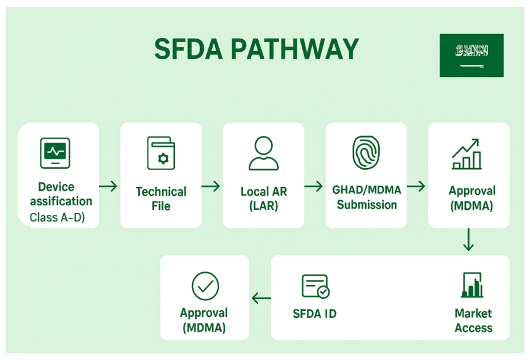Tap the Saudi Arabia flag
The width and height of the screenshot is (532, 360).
coord(471,56)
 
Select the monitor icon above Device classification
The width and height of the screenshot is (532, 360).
coord(55,153)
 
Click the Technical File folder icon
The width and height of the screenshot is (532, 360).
coord(161,153)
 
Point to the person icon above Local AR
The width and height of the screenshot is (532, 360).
coord(263,153)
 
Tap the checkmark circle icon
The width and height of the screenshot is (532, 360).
coord(205,286)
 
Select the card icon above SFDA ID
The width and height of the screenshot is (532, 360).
coord(315,286)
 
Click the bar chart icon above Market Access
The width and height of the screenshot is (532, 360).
coord(473,285)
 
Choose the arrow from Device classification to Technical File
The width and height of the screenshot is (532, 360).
coord(109,186)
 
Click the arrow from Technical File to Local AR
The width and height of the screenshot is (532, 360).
coord(211,186)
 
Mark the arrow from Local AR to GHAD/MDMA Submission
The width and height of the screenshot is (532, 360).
coord(314,186)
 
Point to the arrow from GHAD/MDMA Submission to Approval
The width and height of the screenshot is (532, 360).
coord(416,186)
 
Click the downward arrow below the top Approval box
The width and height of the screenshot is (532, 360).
coord(468,241)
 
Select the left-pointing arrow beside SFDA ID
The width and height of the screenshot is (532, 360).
coord(261,299)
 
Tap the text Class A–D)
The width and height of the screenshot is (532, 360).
coord(57,218)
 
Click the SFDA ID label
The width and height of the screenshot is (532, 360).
coord(314,314)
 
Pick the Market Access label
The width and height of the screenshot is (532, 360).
coord(473,320)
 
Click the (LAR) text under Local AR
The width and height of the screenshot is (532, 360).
coord(264,206)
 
